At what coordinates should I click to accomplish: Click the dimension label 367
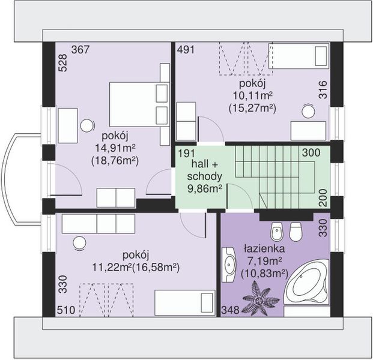(80, 50)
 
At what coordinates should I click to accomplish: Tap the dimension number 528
(63, 63)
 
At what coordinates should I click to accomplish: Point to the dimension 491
(186, 50)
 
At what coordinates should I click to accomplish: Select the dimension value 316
(323, 90)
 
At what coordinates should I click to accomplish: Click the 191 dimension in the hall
(187, 153)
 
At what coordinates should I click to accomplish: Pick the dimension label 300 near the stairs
(311, 152)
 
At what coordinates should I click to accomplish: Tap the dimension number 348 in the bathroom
(230, 310)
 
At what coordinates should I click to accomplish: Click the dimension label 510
(66, 310)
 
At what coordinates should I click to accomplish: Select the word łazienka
(264, 248)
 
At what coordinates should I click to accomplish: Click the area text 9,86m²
(205, 189)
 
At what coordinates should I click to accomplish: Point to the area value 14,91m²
(115, 149)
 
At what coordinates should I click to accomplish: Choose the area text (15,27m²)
(252, 109)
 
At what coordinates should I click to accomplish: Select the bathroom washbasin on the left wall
(229, 265)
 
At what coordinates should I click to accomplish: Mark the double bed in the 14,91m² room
(139, 104)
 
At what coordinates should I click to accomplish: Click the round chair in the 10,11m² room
(308, 111)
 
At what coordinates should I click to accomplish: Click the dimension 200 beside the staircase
(323, 198)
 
